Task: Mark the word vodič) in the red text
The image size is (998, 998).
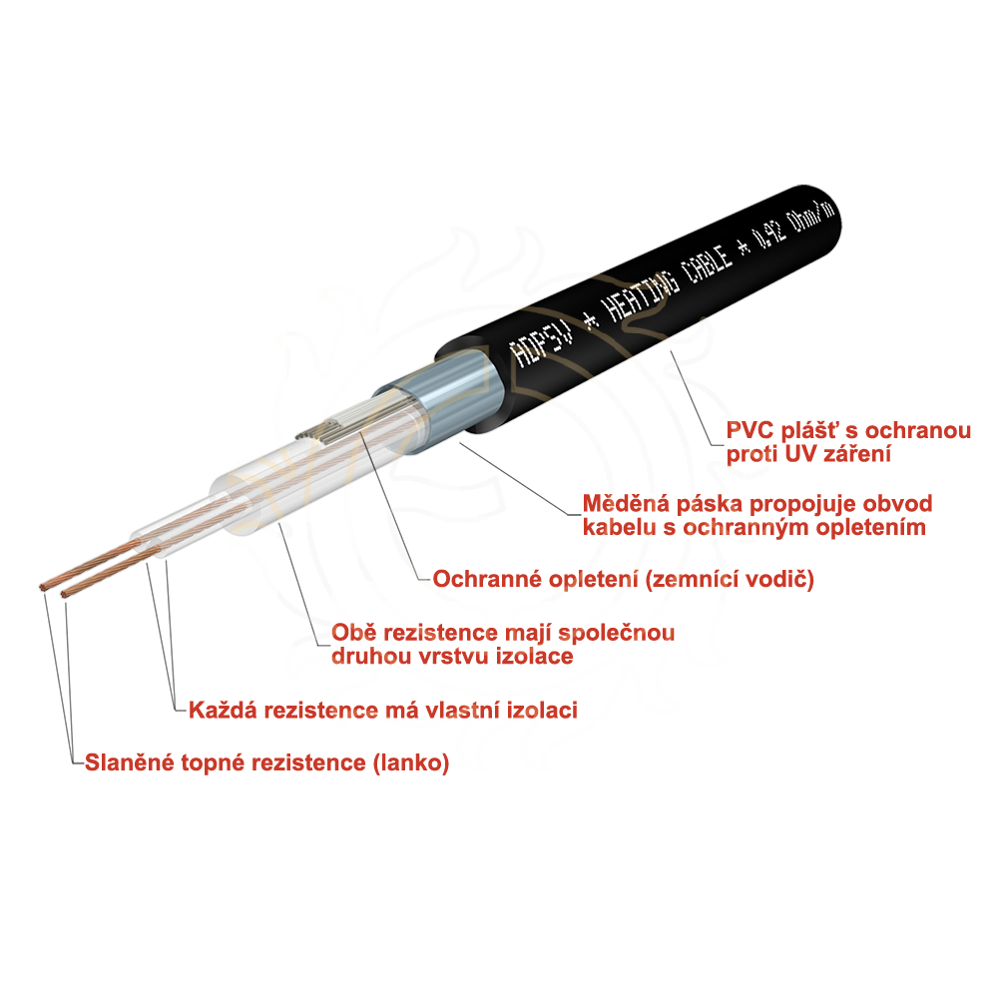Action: [x=785, y=579]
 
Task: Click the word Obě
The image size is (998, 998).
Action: [x=351, y=633]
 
